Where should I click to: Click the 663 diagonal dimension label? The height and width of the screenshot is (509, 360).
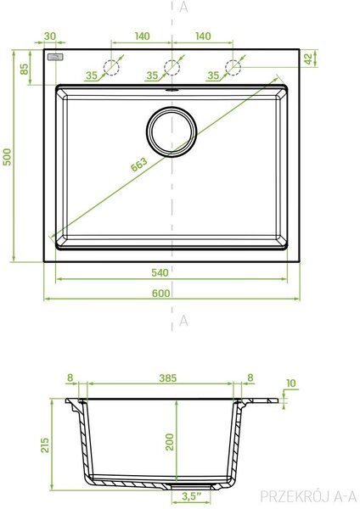point(139,165)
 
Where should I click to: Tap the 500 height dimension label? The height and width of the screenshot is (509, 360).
point(7,157)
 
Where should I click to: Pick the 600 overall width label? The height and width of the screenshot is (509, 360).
point(161,294)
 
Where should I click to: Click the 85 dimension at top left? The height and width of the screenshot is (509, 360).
point(25,69)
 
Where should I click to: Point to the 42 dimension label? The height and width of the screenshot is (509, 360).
point(308,59)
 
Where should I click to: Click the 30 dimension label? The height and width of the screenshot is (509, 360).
point(50,36)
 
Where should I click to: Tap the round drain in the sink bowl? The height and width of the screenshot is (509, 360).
point(172,132)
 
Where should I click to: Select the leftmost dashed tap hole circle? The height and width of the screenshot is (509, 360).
point(111,68)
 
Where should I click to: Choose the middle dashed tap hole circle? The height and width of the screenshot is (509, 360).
point(172,68)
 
